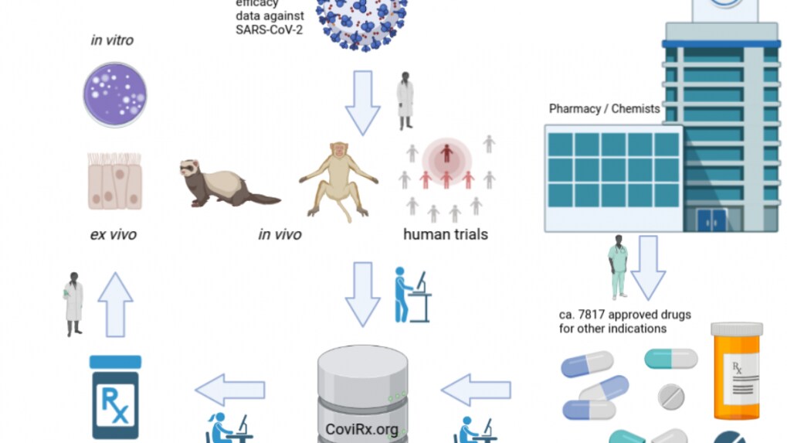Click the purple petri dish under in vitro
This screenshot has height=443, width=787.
114,94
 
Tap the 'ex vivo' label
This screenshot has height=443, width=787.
114,233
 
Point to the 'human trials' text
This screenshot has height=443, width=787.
446,233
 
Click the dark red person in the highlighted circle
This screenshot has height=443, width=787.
446,152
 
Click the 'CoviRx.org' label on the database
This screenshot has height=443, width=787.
362,430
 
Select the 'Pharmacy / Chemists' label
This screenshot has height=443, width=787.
604,109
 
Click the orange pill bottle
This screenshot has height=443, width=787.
736,370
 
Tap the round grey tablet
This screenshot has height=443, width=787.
670,397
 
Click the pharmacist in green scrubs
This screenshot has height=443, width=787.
617,267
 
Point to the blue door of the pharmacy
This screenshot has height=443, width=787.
711,220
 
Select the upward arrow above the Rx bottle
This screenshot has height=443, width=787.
115,305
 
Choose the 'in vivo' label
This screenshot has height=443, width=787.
280,233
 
